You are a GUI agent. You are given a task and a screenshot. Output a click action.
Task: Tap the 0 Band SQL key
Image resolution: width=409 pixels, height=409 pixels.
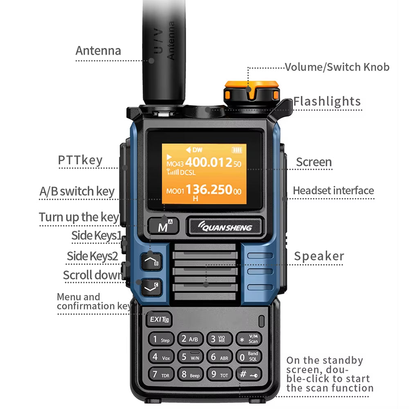click(249, 357)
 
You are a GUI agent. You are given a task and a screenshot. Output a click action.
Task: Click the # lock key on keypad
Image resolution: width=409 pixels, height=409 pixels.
click(249, 374)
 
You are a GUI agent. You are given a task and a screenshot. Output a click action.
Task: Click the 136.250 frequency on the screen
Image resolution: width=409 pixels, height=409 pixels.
click(209, 190)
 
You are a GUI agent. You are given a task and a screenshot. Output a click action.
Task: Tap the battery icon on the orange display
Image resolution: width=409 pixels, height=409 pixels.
click(237, 150)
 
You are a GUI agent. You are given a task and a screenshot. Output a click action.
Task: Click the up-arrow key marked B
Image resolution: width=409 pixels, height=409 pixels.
click(151, 261)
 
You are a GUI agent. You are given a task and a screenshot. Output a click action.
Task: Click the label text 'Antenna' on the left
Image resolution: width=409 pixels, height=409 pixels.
click(98, 51)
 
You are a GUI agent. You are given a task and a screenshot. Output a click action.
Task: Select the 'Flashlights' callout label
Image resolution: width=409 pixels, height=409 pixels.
click(327, 101)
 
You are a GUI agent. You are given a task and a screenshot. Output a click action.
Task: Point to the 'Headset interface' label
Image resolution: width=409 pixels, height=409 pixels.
click(333, 191)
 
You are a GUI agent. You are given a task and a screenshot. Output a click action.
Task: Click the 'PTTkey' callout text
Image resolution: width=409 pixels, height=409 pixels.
click(80, 160)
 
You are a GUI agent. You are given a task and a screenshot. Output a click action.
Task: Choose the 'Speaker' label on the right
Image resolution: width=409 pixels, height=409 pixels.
click(319, 256)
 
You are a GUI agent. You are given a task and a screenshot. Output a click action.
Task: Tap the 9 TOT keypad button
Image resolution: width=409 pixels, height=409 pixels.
click(219, 374)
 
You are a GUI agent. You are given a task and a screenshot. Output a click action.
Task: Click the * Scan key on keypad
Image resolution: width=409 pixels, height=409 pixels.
click(249, 339)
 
